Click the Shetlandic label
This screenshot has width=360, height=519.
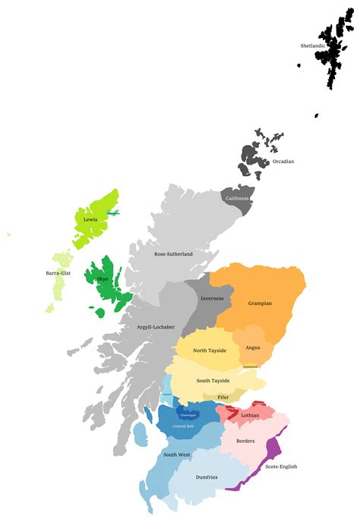pos(313,46)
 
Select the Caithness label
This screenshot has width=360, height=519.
pos(237,198)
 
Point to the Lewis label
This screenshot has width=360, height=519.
pos(91,219)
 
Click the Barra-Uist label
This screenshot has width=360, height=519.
pos(58,273)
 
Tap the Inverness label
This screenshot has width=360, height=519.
pos(212,298)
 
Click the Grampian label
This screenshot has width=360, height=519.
pos(260,304)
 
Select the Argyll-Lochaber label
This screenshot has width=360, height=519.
pos(155,327)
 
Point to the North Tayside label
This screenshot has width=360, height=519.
pos(210,350)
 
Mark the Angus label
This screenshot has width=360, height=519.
pos(253,348)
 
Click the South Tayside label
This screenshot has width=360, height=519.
pos(213,381)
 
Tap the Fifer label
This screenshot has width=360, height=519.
pos(223,398)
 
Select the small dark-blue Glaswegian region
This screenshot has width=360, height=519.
pos(188,414)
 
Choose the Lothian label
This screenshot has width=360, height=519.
pos(250,415)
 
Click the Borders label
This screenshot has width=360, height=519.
pos(245,441)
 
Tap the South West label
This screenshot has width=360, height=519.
pos(178,455)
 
